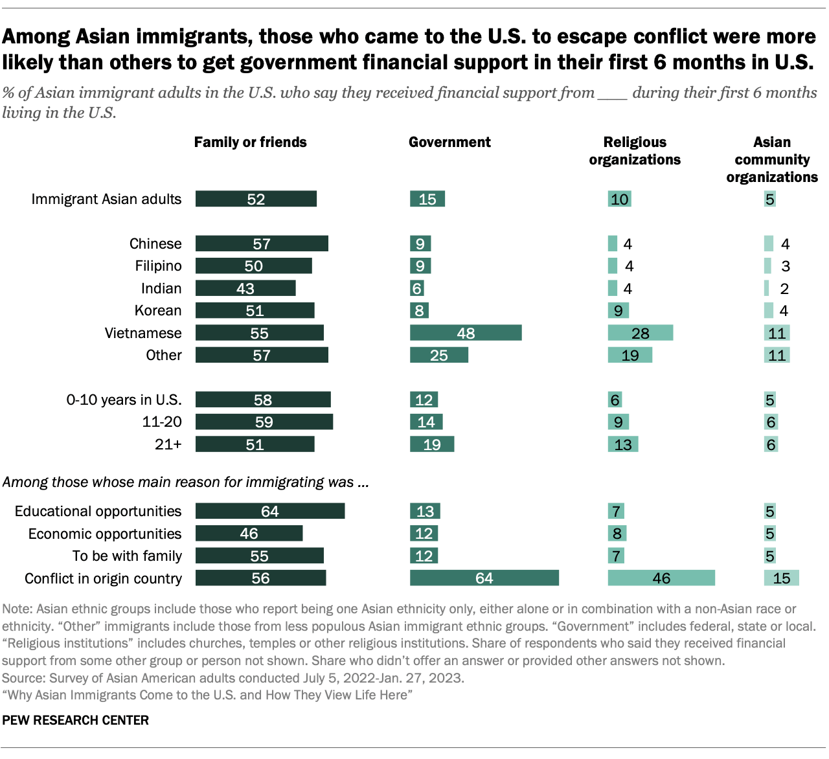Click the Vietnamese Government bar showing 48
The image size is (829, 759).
tap(466, 333)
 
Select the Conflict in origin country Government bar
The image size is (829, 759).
tap(484, 578)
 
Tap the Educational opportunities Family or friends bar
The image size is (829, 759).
tap(269, 512)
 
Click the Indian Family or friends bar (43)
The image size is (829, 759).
tap(245, 288)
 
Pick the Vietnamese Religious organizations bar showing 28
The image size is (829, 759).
tap(640, 333)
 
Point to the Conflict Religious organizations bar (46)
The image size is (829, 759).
tap(661, 578)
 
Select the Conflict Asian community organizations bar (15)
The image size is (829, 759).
tap(781, 578)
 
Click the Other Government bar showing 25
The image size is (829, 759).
tap(438, 356)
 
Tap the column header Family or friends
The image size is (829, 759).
tap(250, 142)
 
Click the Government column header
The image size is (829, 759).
tap(449, 142)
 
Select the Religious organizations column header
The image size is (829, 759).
tap(635, 151)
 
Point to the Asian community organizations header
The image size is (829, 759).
tap(772, 159)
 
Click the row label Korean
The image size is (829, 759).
tap(158, 311)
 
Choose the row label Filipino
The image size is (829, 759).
tap(158, 266)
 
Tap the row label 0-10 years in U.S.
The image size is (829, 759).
tap(124, 400)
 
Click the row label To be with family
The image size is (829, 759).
tap(127, 556)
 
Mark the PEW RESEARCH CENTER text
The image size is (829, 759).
tap(75, 720)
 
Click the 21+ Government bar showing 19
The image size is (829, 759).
tap(431, 444)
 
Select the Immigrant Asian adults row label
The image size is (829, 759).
tap(106, 199)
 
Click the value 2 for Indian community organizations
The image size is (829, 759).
tap(784, 289)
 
